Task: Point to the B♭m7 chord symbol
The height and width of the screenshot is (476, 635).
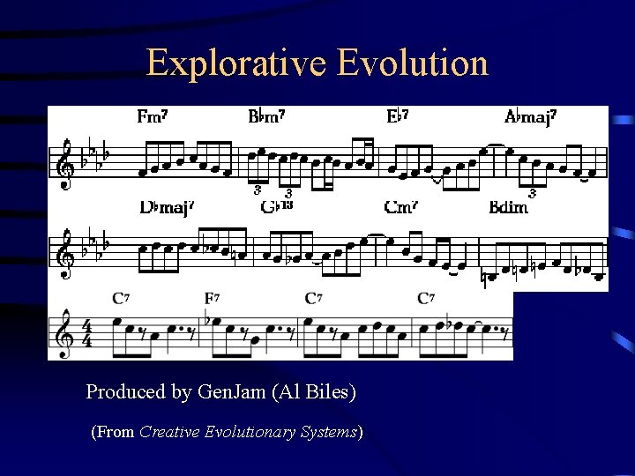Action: (266, 116)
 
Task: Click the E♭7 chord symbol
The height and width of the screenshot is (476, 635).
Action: (398, 116)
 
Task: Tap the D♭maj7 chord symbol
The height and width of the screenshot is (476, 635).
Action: (165, 208)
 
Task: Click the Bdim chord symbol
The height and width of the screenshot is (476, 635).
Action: (508, 208)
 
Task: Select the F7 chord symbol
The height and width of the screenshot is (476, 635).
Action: (213, 298)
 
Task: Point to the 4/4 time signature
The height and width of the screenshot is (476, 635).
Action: (86, 332)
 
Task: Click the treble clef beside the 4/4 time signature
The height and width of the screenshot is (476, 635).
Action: (63, 331)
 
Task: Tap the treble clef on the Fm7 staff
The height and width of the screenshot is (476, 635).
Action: (65, 163)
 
